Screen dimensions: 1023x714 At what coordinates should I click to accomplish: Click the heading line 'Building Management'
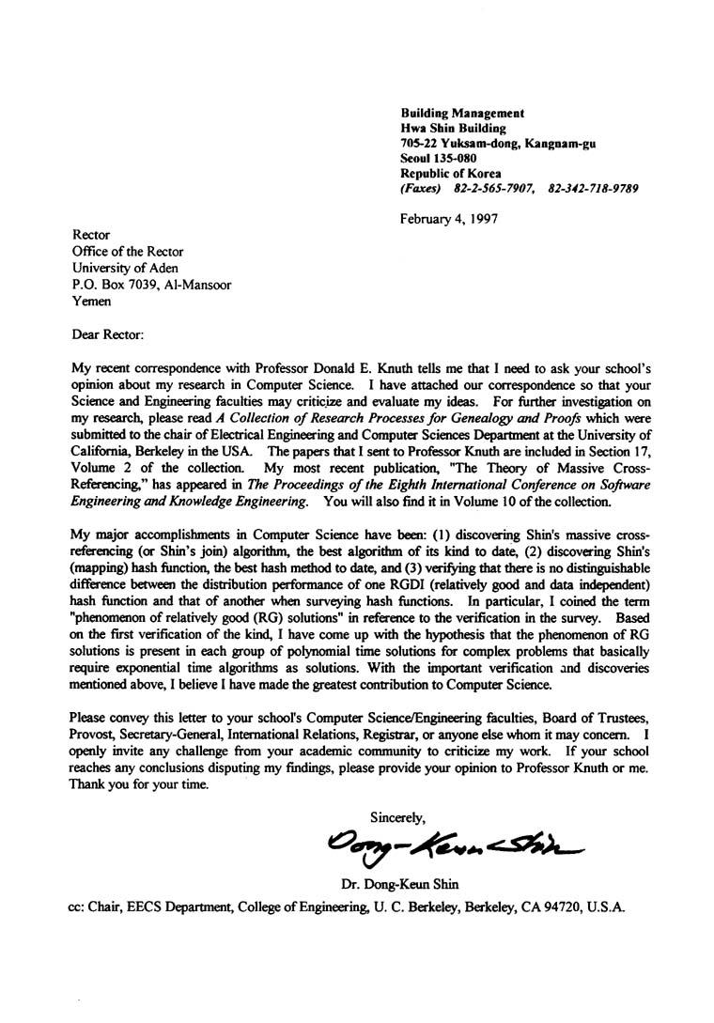462,113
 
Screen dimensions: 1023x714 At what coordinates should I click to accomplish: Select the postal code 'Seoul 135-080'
438,159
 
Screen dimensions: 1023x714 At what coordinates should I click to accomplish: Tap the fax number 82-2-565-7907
489,189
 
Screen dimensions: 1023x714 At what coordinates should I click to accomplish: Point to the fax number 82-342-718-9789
592,189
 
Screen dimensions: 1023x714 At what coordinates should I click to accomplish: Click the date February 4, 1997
448,219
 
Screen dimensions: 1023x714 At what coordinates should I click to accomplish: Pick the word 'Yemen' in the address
91,302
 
